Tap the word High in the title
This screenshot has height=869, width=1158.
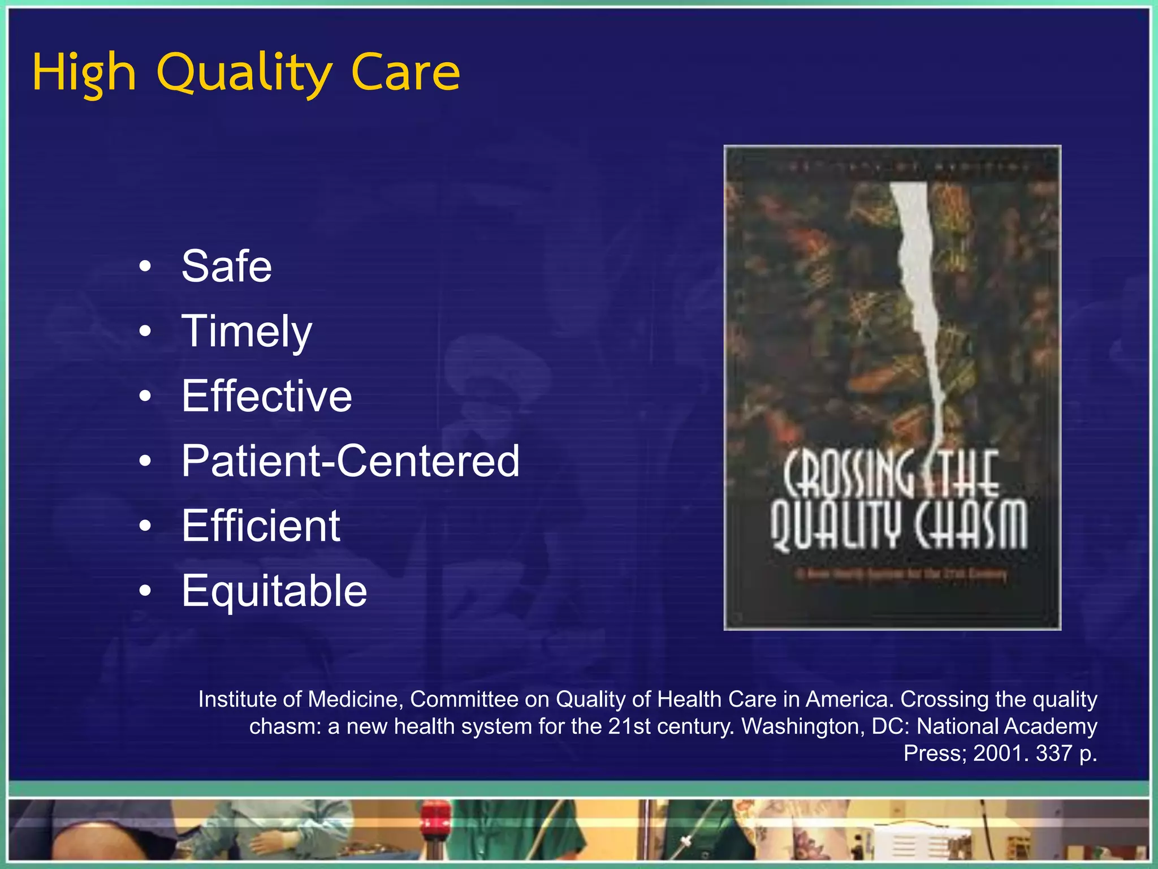(x=84, y=74)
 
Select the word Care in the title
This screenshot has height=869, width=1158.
(x=405, y=74)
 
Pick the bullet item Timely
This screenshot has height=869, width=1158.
(x=247, y=332)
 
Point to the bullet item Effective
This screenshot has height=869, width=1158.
(x=266, y=396)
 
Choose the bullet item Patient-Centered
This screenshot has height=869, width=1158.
(x=350, y=461)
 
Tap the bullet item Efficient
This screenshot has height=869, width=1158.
(x=261, y=526)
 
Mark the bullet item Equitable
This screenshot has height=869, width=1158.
(x=274, y=591)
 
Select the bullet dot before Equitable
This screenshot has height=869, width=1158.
(x=145, y=591)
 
